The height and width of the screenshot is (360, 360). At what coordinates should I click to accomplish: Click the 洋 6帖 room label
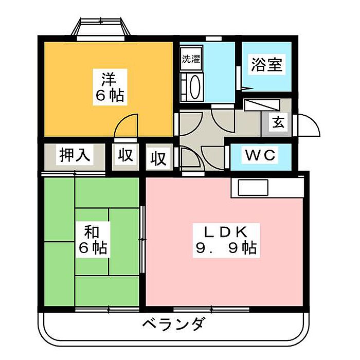109,87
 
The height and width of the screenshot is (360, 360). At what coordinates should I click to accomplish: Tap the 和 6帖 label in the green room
93,241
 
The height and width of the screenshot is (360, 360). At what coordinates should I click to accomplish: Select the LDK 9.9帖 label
225,240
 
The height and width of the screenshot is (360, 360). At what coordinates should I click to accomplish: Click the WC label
260,154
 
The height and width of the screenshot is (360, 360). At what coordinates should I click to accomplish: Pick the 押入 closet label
75,155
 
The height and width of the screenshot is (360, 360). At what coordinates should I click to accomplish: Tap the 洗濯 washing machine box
191,59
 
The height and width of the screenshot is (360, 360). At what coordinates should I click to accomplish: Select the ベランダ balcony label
174,325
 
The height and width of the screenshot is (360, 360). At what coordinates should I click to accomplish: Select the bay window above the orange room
101,28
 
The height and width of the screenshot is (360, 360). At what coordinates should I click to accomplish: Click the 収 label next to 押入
125,156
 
